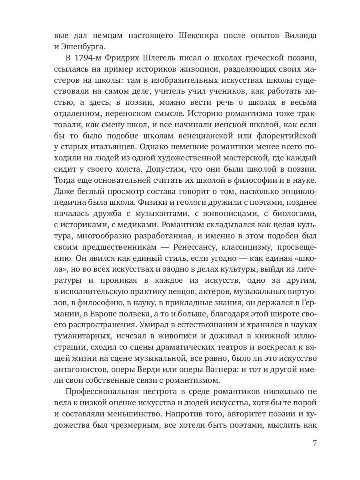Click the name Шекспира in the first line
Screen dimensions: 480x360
pyautogui.click(x=198, y=36)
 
